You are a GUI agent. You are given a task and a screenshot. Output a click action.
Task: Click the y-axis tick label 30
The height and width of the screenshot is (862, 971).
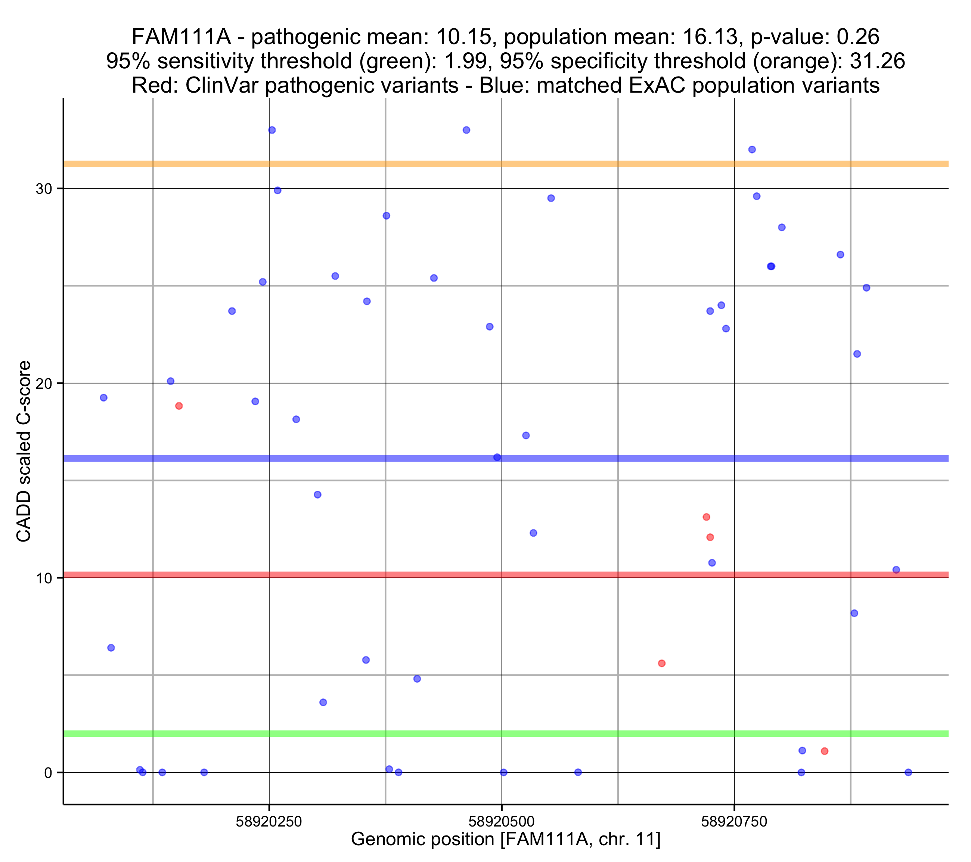[x=43, y=189]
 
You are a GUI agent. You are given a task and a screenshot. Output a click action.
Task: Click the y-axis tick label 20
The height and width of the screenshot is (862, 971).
[x=43, y=384]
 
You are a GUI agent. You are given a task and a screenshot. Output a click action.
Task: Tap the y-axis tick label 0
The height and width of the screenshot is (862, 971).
[x=48, y=773]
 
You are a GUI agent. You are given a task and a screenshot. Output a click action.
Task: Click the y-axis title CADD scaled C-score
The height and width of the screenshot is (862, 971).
[x=24, y=452]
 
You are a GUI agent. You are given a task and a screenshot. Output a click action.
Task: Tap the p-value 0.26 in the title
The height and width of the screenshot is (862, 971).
[x=858, y=37]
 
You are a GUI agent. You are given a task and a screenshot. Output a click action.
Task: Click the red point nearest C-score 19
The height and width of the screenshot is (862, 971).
[x=179, y=406]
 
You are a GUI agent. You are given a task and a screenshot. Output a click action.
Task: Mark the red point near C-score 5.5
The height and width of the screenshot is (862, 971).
[x=662, y=663]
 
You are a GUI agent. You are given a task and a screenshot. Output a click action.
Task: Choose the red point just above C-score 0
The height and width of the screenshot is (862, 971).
[x=825, y=751]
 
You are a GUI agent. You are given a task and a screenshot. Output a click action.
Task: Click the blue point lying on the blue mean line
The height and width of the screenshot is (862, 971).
[x=497, y=458]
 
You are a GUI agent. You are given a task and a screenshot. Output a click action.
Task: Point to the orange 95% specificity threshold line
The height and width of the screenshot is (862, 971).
[x=475, y=164]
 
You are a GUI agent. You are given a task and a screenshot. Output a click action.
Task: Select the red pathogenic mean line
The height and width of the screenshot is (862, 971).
[x=475, y=575]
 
